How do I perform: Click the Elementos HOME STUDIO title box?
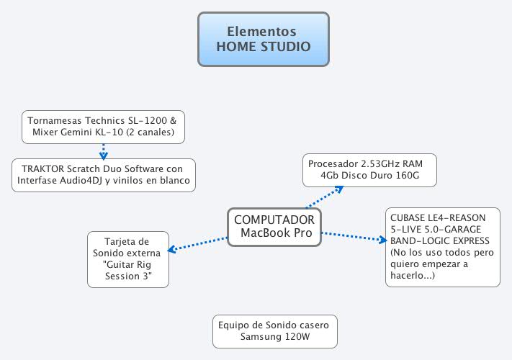coord(263,39)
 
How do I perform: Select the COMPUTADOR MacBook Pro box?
coord(274,226)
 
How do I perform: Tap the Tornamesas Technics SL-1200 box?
coord(103,127)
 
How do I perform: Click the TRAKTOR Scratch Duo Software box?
coord(103,175)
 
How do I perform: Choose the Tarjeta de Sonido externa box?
coord(127,258)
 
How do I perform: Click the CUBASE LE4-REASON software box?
coord(442,246)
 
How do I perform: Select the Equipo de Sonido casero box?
coord(275,331)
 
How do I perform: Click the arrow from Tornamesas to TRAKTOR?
coord(103,150)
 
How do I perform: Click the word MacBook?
coord(261,233)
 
